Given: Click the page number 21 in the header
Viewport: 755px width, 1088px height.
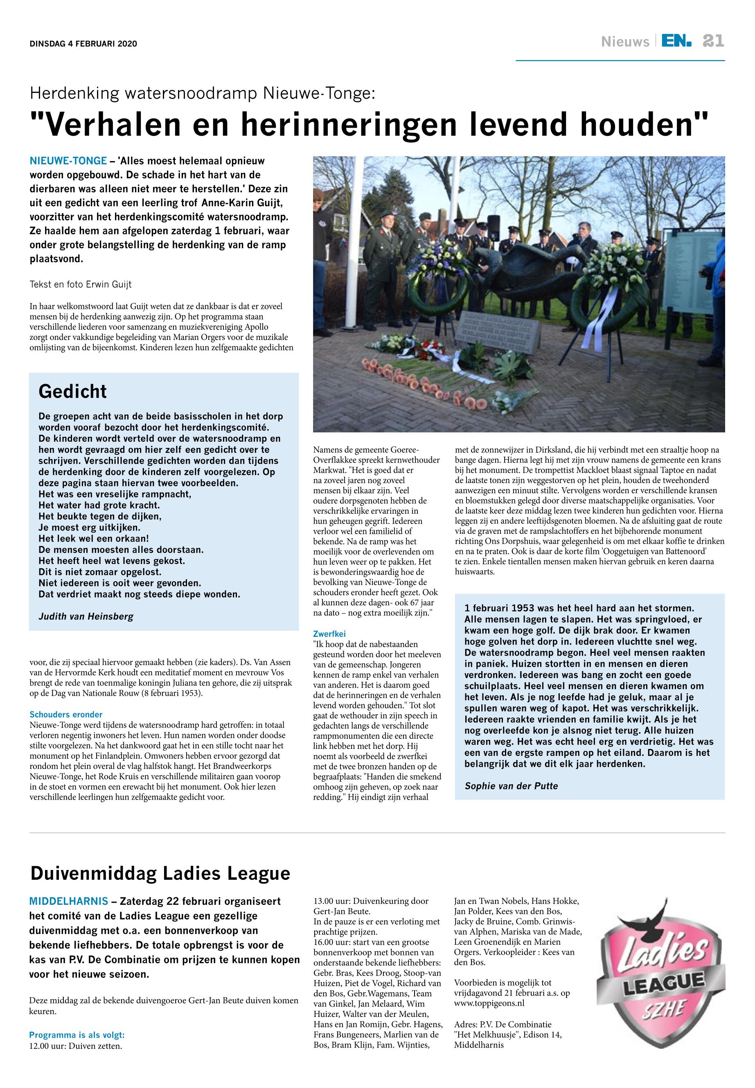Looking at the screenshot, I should click(x=713, y=42).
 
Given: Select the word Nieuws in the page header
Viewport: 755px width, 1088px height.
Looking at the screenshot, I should click(x=625, y=43).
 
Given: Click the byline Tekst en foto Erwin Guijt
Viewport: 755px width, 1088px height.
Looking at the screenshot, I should click(x=81, y=285).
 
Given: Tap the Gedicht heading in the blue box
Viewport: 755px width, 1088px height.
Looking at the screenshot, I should click(x=73, y=391).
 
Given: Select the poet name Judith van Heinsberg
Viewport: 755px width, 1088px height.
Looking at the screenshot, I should click(x=86, y=616).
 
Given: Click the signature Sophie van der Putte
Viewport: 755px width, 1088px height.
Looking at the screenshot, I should click(x=512, y=786).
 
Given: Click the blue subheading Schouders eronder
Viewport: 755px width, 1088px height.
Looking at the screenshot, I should click(x=66, y=715).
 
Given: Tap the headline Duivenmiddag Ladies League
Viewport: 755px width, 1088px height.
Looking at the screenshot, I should click(x=160, y=873).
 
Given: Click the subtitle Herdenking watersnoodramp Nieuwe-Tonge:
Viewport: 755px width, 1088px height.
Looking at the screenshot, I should click(x=203, y=94).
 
